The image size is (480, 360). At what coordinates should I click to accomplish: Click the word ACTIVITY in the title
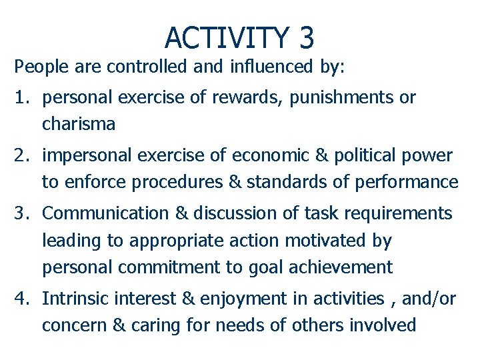click(225, 37)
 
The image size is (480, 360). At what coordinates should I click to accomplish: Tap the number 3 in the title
click(306, 37)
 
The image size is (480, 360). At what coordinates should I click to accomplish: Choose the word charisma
click(79, 124)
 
